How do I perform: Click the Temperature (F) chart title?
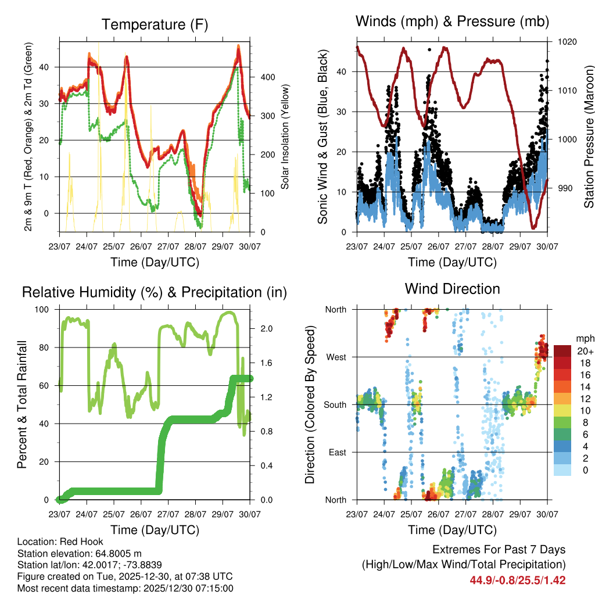155,24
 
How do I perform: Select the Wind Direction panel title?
452,289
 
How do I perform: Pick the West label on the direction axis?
335,357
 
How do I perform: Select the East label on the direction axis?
336,452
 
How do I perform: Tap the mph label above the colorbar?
585,338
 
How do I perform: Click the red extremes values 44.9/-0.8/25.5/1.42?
518,580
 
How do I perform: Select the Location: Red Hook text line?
56,542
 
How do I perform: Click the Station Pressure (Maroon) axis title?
589,137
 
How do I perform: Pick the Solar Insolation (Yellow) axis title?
285,137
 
